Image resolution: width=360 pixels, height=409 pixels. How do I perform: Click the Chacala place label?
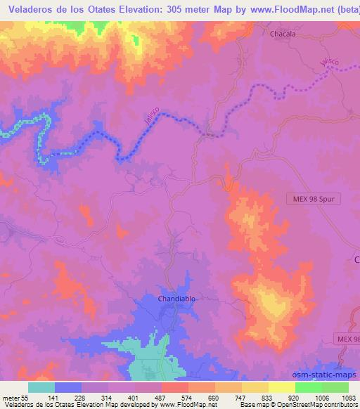(x=283, y=33)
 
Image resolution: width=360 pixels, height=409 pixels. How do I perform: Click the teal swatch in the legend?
(x=41, y=387)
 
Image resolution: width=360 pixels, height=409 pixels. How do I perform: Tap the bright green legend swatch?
(x=309, y=387)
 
